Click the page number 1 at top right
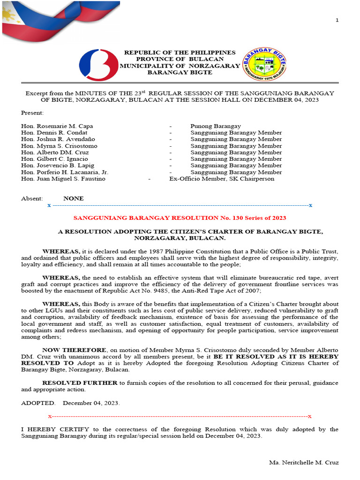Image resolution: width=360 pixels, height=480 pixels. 337,20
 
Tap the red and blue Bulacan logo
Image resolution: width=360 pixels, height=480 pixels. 98,65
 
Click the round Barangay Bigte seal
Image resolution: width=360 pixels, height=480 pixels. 264,64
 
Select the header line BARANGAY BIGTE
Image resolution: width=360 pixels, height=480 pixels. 180,72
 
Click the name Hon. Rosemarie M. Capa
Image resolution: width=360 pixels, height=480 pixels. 57,126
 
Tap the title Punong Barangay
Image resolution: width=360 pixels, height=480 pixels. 215,126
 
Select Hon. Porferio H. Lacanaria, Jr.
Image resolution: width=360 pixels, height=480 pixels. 65,172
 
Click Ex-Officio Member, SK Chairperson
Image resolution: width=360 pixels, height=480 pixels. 222,179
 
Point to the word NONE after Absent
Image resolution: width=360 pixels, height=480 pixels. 74,198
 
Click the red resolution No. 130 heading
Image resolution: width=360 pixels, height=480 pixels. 180,218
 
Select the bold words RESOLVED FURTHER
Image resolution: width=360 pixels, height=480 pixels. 80,383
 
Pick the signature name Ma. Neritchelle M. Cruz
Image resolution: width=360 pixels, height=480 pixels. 304,463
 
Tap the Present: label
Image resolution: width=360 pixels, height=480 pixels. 32,113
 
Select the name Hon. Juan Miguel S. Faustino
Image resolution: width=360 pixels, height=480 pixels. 63,179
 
